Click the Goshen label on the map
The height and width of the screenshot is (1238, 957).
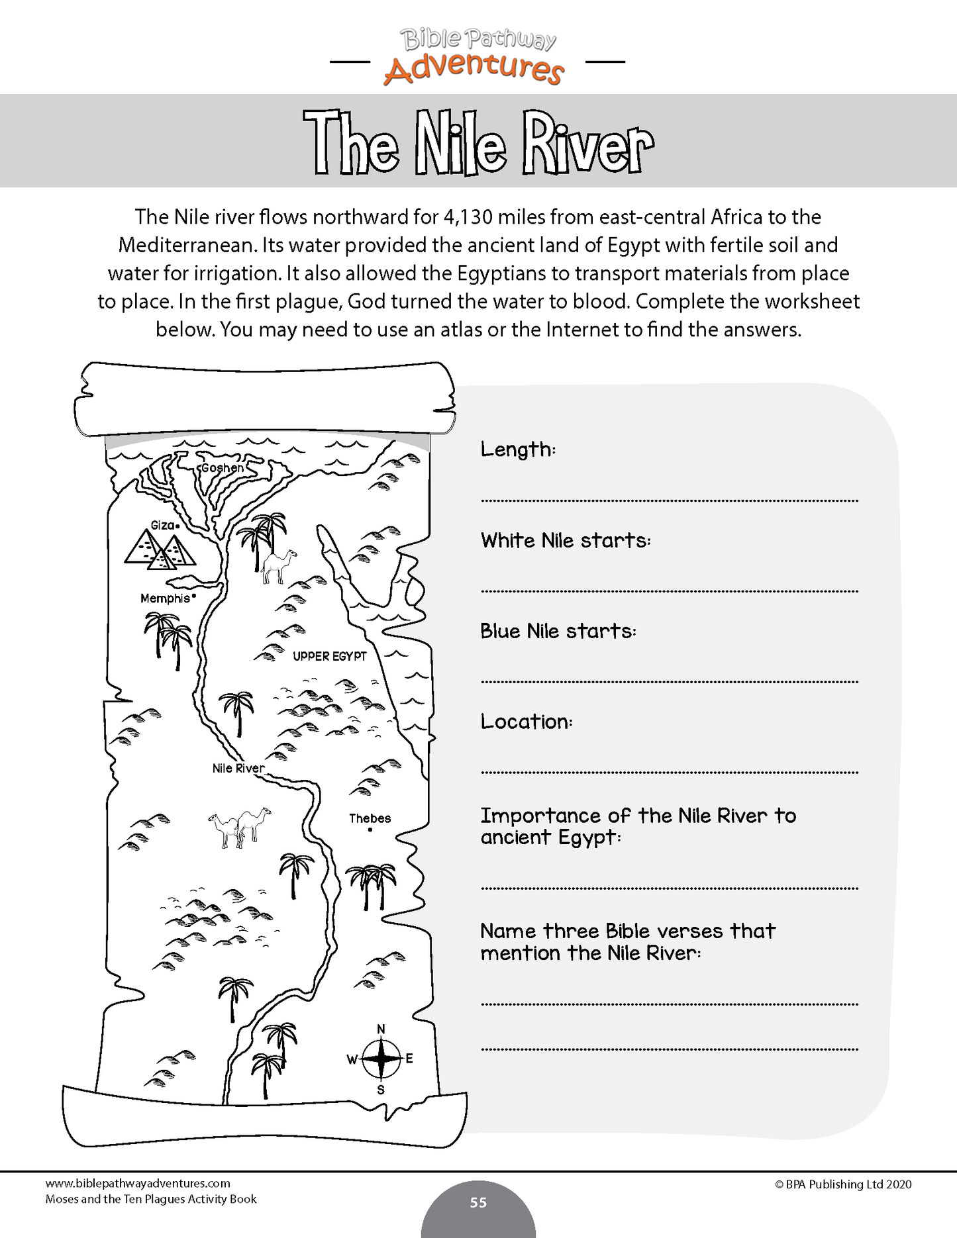(223, 467)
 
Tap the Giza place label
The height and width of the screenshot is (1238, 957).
(163, 525)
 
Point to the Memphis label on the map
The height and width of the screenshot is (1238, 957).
(166, 598)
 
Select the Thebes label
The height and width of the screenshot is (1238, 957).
(370, 818)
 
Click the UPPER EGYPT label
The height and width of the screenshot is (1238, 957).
(330, 656)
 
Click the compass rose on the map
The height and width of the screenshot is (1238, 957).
(381, 1059)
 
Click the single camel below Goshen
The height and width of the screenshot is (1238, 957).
(277, 565)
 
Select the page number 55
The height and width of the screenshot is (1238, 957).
(478, 1202)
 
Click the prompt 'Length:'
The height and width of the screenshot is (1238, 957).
(518, 450)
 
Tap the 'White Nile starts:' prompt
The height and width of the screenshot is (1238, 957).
(566, 540)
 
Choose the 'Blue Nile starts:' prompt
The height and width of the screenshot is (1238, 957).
(558, 631)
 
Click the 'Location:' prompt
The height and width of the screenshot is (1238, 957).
(526, 722)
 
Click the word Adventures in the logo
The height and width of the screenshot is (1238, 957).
(474, 69)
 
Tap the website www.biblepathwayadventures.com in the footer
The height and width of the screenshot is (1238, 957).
(138, 1183)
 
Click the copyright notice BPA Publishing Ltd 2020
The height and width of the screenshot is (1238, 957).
(843, 1184)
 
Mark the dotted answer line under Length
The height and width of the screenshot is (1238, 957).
(669, 501)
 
